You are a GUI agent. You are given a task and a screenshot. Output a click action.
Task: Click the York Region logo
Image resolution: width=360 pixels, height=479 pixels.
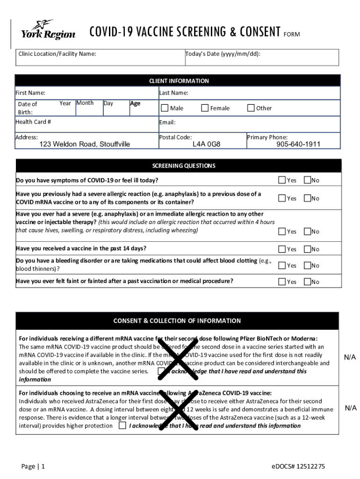(x=48, y=30)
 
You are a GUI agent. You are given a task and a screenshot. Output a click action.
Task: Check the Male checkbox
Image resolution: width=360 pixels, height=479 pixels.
(x=165, y=108)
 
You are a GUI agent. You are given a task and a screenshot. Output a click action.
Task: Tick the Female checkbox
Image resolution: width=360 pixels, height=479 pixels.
(x=205, y=108)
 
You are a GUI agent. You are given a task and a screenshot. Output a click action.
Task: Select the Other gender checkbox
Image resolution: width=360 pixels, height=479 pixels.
(x=251, y=108)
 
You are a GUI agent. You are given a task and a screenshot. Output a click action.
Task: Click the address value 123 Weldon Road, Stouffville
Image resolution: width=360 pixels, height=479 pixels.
(x=85, y=144)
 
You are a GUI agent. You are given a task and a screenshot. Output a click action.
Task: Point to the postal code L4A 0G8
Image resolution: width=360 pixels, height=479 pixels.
(x=206, y=144)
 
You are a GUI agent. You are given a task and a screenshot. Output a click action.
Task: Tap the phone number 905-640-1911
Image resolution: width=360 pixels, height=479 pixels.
(x=298, y=144)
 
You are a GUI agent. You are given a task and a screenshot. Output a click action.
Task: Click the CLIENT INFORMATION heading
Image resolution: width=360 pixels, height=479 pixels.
(x=179, y=81)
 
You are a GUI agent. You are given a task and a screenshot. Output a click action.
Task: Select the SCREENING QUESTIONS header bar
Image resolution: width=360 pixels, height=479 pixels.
(x=184, y=166)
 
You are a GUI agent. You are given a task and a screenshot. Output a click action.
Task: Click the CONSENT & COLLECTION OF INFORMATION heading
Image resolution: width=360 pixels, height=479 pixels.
(x=177, y=321)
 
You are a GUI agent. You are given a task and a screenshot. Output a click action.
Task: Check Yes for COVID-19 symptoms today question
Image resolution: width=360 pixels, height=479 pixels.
(x=282, y=180)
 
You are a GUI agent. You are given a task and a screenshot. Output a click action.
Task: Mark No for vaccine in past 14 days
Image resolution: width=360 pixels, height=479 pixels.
(x=307, y=249)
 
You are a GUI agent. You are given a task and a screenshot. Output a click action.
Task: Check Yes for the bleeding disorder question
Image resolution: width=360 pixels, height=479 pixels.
(x=282, y=265)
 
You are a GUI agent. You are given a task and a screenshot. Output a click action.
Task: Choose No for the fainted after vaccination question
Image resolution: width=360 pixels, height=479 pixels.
(x=307, y=282)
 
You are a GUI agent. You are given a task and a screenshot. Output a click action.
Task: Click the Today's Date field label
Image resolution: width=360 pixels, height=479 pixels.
(x=223, y=54)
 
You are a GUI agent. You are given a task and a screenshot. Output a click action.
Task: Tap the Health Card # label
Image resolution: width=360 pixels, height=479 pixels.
(x=33, y=122)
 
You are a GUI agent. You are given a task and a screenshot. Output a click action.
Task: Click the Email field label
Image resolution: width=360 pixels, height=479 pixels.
(x=167, y=123)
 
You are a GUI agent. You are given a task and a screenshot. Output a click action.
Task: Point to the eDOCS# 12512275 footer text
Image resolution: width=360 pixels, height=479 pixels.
(x=298, y=466)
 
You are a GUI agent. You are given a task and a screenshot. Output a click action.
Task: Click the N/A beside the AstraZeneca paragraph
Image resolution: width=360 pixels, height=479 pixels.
(x=351, y=408)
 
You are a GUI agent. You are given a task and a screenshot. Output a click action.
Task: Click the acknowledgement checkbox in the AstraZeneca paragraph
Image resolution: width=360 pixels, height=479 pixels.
(x=122, y=426)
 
